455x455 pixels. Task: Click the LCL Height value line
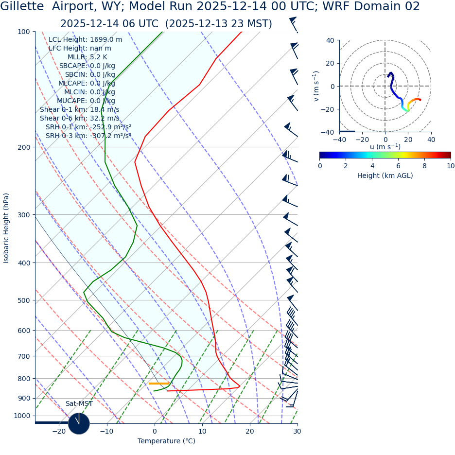point(85,39)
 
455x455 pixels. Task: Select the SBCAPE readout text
point(87,66)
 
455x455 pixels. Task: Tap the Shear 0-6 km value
point(79,118)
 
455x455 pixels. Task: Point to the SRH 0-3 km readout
point(88,136)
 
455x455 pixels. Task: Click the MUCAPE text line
point(86,101)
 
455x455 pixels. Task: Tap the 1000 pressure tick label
point(21,416)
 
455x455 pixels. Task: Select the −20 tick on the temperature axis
point(59,431)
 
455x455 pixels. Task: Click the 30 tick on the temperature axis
point(297,431)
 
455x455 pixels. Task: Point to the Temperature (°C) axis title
point(166,441)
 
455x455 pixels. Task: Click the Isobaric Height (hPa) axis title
point(6,228)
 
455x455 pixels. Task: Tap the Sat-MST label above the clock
point(79,403)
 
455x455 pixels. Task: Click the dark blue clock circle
point(79,423)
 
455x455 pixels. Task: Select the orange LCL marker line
point(159,384)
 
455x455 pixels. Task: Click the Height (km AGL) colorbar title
point(385,175)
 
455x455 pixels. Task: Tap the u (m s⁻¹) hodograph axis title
point(385,147)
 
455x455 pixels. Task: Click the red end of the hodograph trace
point(420,100)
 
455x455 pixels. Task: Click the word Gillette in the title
point(23,7)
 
